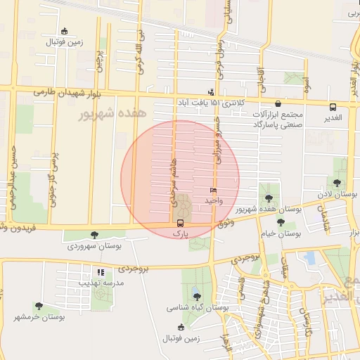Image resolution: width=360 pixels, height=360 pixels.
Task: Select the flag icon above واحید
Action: (213, 191)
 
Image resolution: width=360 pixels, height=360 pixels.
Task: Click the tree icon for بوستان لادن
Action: (337, 183)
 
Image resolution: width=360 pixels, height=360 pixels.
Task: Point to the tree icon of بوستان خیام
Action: (281, 222)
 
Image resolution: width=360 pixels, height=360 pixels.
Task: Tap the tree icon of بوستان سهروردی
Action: (95, 235)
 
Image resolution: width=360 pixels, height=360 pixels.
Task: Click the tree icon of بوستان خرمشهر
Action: (38, 307)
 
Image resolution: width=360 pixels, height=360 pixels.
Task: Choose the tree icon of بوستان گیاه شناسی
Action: (196, 297)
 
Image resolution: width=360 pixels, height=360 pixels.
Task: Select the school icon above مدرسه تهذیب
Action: (101, 272)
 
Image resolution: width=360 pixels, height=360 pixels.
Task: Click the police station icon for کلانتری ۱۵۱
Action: (211, 92)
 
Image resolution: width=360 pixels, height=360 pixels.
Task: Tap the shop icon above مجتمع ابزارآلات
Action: (278, 103)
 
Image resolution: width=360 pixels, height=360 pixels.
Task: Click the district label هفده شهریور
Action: (112, 112)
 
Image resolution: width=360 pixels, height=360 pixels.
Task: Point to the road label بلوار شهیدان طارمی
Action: (44, 91)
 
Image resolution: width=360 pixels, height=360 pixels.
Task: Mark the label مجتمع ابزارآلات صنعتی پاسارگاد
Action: (276, 120)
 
